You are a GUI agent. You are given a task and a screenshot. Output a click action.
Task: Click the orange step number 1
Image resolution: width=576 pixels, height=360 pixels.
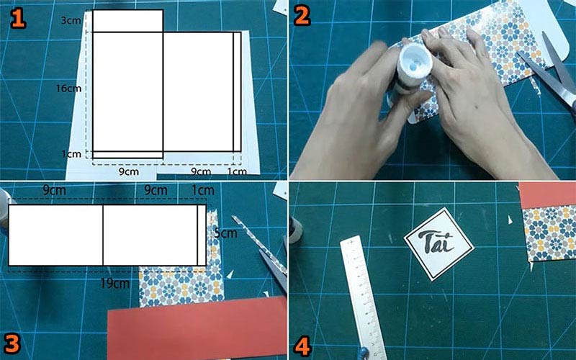point(17,19)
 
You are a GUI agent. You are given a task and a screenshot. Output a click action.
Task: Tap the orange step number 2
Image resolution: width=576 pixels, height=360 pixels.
point(302,16)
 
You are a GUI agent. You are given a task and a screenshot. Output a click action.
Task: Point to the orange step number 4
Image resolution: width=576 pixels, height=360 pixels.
point(302,346)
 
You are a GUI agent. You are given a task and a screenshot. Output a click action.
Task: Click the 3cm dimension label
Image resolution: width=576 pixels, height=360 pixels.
point(71,21)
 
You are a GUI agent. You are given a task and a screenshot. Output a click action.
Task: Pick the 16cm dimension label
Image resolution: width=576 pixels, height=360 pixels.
point(68,88)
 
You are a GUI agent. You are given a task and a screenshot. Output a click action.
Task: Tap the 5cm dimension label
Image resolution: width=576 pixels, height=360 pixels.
point(225,233)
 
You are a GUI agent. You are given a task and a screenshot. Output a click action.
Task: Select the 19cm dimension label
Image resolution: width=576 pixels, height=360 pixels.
point(114,283)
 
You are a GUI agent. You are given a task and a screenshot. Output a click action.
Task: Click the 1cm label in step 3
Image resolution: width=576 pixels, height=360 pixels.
point(203,190)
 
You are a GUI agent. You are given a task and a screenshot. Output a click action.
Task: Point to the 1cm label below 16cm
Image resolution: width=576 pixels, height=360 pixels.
point(71,154)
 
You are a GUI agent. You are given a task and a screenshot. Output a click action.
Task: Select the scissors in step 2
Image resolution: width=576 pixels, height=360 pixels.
point(547,73)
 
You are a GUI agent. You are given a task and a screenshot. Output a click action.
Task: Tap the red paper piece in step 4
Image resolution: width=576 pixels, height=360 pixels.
point(548,194)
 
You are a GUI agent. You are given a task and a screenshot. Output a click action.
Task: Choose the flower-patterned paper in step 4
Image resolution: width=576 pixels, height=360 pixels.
point(550,233)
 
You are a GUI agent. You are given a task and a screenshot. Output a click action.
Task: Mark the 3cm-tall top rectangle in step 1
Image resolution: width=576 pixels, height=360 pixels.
point(127,21)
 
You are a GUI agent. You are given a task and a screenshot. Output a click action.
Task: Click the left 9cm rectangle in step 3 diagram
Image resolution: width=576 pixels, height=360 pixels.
point(55,235)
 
